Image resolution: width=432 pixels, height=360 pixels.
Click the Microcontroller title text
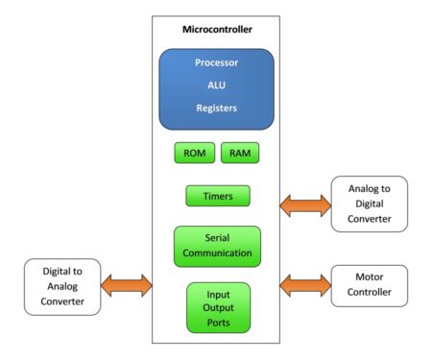[x=217, y=29]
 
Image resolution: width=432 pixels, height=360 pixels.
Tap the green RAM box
[x=240, y=154]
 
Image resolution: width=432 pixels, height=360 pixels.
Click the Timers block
[x=217, y=196]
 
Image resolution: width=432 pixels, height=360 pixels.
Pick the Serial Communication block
[x=217, y=246]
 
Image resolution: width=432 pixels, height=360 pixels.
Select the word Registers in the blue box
[x=217, y=108]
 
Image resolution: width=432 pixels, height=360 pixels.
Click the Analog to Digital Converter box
[x=368, y=204]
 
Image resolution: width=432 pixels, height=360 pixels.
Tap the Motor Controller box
[x=368, y=285]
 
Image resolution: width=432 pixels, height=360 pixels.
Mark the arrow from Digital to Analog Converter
[x=128, y=285]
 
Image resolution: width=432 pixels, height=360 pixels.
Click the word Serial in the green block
[x=217, y=238]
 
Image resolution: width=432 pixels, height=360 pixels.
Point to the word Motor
[x=368, y=277]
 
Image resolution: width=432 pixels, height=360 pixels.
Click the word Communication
[x=217, y=254]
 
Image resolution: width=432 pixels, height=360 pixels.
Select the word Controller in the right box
[x=368, y=293]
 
